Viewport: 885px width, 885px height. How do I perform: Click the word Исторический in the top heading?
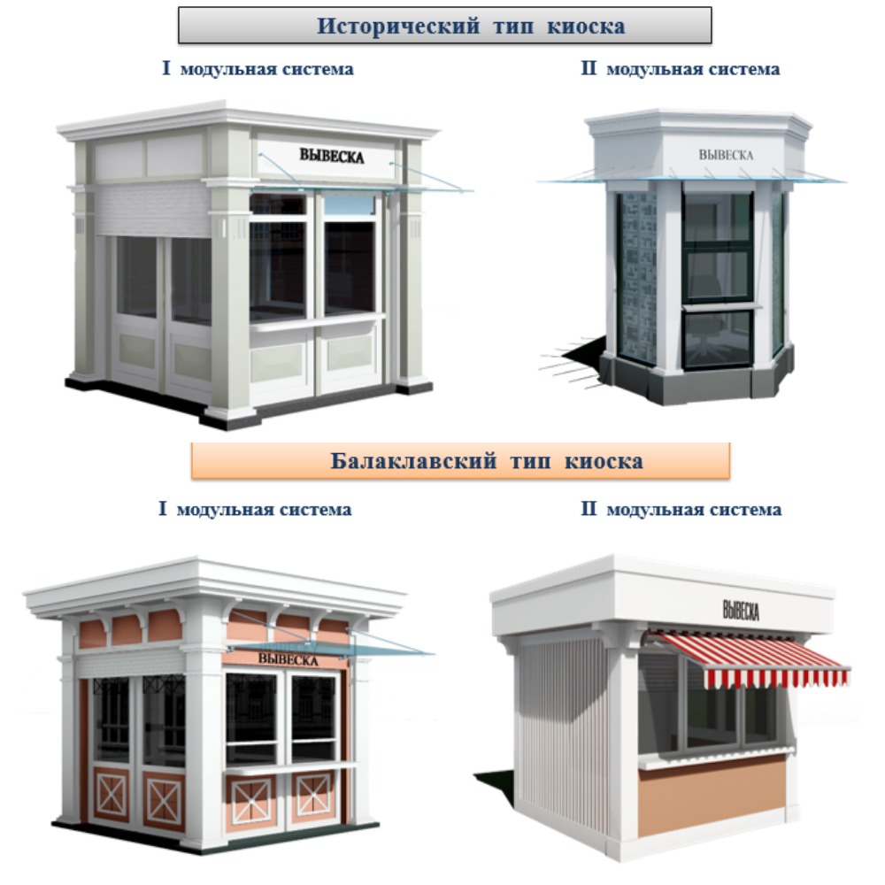pyautogui.click(x=398, y=26)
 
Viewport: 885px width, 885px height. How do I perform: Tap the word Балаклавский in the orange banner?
pyautogui.click(x=413, y=461)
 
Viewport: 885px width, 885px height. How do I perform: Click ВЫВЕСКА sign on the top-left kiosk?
pyautogui.click(x=332, y=155)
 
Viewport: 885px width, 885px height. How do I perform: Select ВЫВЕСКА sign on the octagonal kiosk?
pyautogui.click(x=726, y=155)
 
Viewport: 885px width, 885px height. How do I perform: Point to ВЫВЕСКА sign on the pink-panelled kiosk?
pyautogui.click(x=288, y=659)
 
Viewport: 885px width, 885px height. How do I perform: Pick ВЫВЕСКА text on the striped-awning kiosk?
pyautogui.click(x=741, y=610)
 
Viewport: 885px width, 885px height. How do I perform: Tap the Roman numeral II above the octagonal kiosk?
pyautogui.click(x=589, y=68)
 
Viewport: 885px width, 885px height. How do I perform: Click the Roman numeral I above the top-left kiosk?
pyautogui.click(x=166, y=68)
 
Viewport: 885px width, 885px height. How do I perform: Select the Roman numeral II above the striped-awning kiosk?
pyautogui.click(x=589, y=509)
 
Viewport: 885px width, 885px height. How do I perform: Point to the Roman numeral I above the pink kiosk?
pyautogui.click(x=163, y=509)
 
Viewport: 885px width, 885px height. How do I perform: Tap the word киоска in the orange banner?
pyautogui.click(x=604, y=462)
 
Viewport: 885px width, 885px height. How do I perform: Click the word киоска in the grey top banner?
pyautogui.click(x=586, y=27)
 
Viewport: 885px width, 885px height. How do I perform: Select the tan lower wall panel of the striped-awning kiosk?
pyautogui.click(x=712, y=795)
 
